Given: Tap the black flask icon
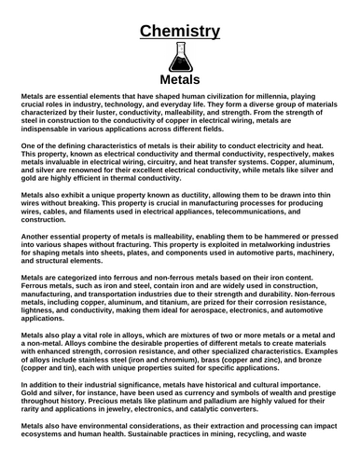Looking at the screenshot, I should point(180,62).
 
